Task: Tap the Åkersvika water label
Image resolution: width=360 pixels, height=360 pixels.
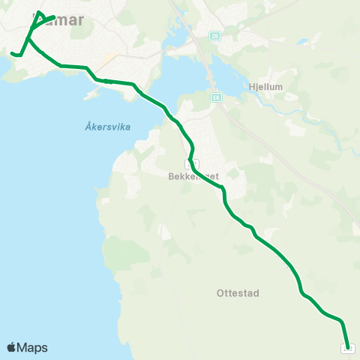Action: pyautogui.click(x=103, y=127)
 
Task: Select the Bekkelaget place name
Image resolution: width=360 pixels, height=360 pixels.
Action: pyautogui.click(x=193, y=178)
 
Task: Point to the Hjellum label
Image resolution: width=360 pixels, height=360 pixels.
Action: pyautogui.click(x=265, y=87)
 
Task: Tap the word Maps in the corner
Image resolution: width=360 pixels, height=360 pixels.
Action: pyautogui.click(x=32, y=347)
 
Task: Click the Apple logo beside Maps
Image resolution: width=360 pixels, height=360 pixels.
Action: pyautogui.click(x=12, y=347)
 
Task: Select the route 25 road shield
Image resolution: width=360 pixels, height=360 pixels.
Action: pyautogui.click(x=215, y=36)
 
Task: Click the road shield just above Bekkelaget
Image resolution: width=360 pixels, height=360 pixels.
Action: pyautogui.click(x=191, y=163)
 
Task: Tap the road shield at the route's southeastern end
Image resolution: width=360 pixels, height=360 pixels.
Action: pyautogui.click(x=348, y=347)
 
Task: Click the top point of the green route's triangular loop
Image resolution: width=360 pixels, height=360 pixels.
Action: pyautogui.click(x=39, y=13)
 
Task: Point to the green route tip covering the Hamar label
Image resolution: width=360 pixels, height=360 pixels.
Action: pyautogui.click(x=54, y=16)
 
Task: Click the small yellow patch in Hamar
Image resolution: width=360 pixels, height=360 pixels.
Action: pyautogui.click(x=109, y=57)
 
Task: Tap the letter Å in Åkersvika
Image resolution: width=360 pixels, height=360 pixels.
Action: pyautogui.click(x=79, y=127)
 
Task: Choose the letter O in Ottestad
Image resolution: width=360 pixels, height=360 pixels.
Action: pyautogui.click(x=218, y=293)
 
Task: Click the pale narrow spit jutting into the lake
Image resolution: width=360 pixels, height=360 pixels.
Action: pyautogui.click(x=93, y=94)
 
